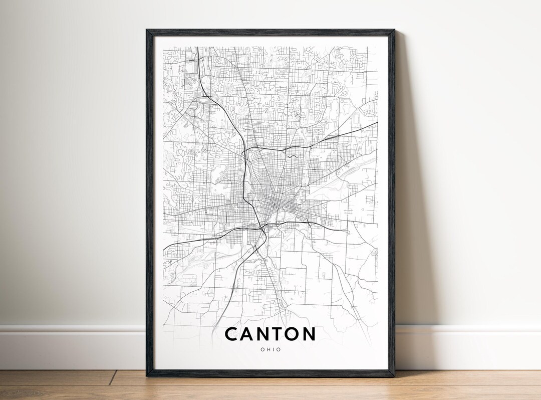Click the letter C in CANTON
[232, 334]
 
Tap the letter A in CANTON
[249, 334]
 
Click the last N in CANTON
[310, 334]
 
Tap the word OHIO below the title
[270, 349]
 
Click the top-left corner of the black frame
[147, 31]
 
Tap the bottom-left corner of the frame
[147, 375]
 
